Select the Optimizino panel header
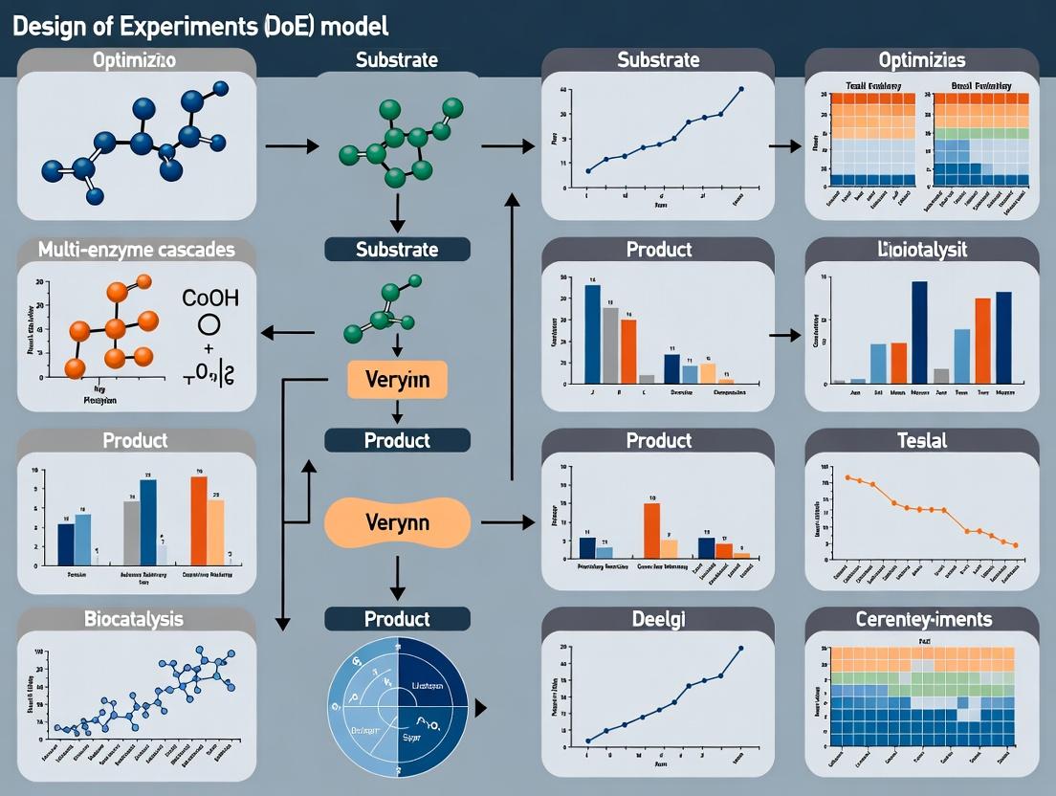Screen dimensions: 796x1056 pyautogui.click(x=136, y=60)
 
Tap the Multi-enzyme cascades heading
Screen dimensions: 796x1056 pyautogui.click(x=136, y=250)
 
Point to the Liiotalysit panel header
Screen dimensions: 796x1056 pyautogui.click(x=923, y=250)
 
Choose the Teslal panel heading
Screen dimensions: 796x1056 pyautogui.click(x=923, y=440)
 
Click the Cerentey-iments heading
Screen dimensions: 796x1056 pyautogui.click(x=923, y=619)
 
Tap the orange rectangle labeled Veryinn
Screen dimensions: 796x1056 pyautogui.click(x=397, y=380)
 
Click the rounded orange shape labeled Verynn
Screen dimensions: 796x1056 pyautogui.click(x=397, y=522)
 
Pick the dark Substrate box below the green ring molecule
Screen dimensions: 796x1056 pyautogui.click(x=397, y=250)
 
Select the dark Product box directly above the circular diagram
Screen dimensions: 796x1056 pyautogui.click(x=397, y=619)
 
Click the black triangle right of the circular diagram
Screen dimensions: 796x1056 pyautogui.click(x=481, y=708)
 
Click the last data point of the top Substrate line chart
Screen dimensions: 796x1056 pyautogui.click(x=741, y=89)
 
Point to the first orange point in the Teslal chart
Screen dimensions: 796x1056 pyautogui.click(x=847, y=476)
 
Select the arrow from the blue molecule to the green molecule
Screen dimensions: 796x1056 pyautogui.click(x=292, y=146)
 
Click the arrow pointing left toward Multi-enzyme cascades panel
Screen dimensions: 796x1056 pyautogui.click(x=288, y=333)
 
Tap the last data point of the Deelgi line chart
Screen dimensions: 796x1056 pyautogui.click(x=740, y=648)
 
